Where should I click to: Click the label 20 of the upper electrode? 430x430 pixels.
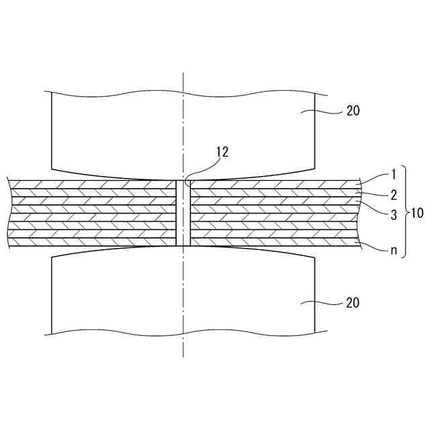pyautogui.click(x=353, y=112)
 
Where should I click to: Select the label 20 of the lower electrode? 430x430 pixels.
pyautogui.click(x=353, y=303)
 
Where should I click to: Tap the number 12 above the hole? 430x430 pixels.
pyautogui.click(x=222, y=151)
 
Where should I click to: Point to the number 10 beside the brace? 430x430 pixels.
pyautogui.click(x=417, y=214)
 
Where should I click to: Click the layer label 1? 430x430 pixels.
pyautogui.click(x=394, y=175)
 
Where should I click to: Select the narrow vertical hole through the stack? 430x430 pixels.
pyautogui.click(x=183, y=212)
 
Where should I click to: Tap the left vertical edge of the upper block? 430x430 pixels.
pyautogui.click(x=52, y=131)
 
